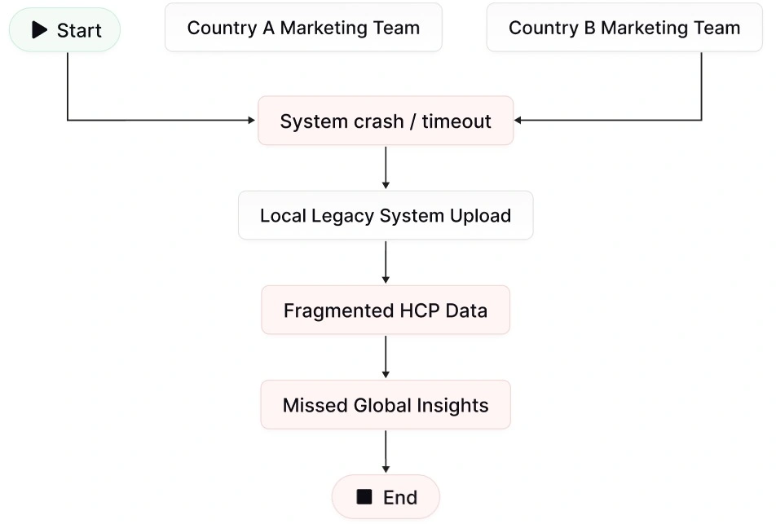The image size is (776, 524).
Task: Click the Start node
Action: click(64, 30)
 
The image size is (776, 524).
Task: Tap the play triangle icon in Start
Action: click(39, 30)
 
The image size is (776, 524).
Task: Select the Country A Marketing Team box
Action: click(303, 28)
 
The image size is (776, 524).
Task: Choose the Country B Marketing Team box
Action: click(624, 28)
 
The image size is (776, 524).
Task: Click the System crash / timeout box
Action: click(386, 121)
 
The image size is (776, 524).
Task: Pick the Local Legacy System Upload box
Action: click(386, 216)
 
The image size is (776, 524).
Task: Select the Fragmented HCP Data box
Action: click(386, 310)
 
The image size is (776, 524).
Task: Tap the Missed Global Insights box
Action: click(386, 405)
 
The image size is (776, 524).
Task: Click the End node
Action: click(386, 497)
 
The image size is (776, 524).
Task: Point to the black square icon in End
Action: click(364, 496)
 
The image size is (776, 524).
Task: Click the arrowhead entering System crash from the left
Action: click(251, 121)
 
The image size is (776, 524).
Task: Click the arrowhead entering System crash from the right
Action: click(519, 121)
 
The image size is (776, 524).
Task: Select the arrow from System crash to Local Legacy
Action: click(386, 168)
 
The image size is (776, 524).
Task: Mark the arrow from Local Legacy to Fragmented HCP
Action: click(386, 262)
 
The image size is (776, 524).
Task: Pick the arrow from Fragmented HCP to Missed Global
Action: click(386, 357)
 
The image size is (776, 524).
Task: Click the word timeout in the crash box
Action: click(456, 121)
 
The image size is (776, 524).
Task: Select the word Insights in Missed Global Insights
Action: click(451, 405)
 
